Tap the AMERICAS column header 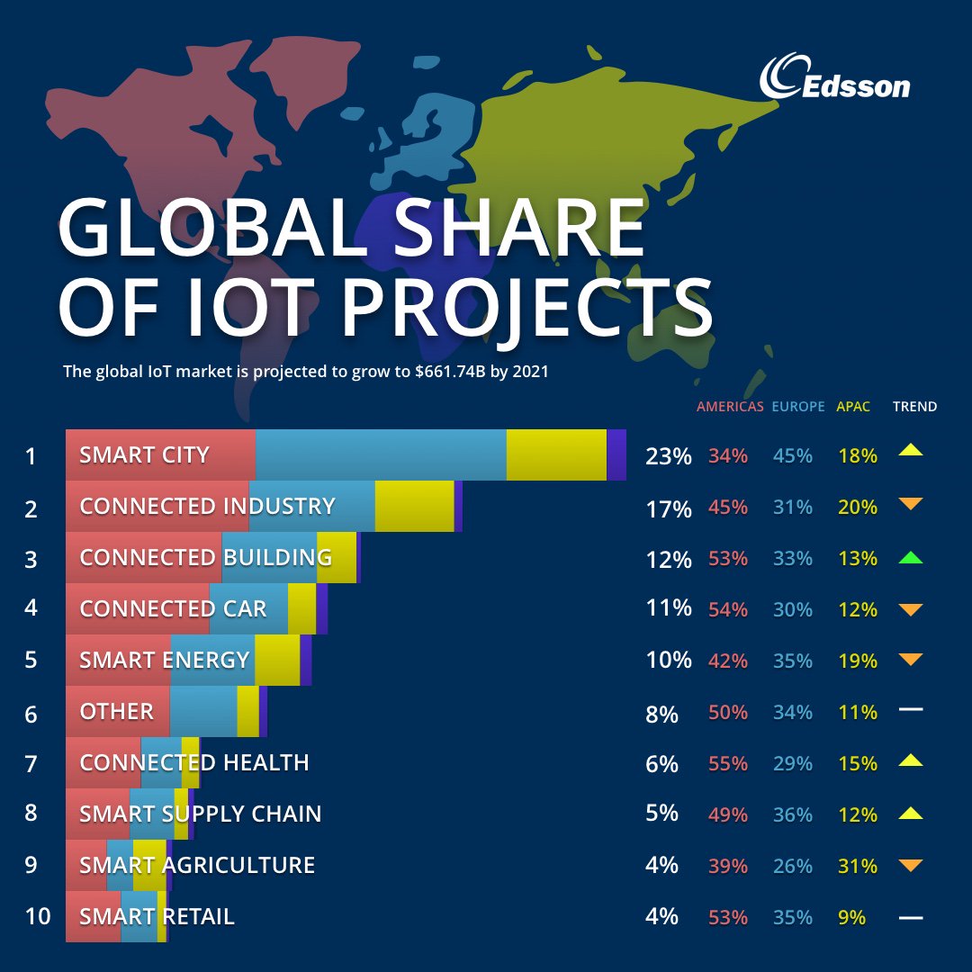pyautogui.click(x=729, y=407)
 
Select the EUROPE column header pyautogui.click(x=797, y=407)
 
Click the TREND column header pyautogui.click(x=914, y=407)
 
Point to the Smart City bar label pyautogui.click(x=144, y=455)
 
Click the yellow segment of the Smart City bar pyautogui.click(x=556, y=455)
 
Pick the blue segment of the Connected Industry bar pyautogui.click(x=311, y=506)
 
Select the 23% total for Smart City pyautogui.click(x=668, y=456)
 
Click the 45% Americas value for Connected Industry pyautogui.click(x=728, y=508)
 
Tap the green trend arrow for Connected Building pyautogui.click(x=911, y=558)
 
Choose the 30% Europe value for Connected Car pyautogui.click(x=792, y=610)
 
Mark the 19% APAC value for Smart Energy pyautogui.click(x=857, y=661)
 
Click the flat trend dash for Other pyautogui.click(x=911, y=710)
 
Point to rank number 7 pyautogui.click(x=31, y=764)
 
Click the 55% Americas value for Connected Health pyautogui.click(x=728, y=764)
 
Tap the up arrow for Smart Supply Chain pyautogui.click(x=911, y=814)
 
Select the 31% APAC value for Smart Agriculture pyautogui.click(x=857, y=867)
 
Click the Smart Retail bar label pyautogui.click(x=157, y=916)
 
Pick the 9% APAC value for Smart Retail pyautogui.click(x=851, y=918)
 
